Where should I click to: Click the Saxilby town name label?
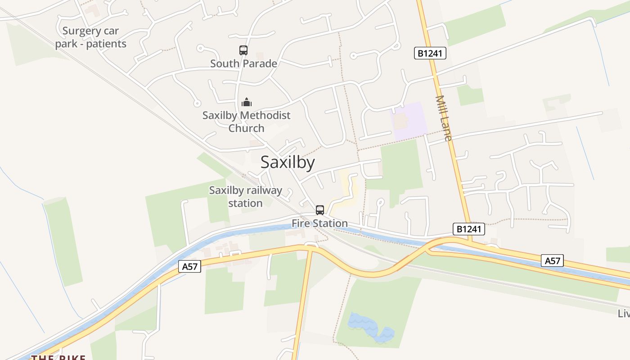(x=288, y=162)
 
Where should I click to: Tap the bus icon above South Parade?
(x=243, y=50)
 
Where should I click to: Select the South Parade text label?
(x=243, y=63)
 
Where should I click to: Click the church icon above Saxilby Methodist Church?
(x=246, y=102)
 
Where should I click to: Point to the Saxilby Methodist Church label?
(x=246, y=121)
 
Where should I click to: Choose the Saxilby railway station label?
(x=245, y=197)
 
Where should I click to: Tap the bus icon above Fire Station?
(x=320, y=210)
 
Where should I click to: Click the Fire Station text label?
(x=319, y=223)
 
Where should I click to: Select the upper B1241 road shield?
(x=430, y=54)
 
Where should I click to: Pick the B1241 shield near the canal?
(x=468, y=229)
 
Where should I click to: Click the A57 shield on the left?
(x=189, y=266)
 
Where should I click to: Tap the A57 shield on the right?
(x=552, y=261)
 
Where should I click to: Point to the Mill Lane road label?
(x=444, y=118)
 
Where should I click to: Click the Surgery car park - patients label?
(x=91, y=37)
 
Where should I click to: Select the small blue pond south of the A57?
(x=370, y=327)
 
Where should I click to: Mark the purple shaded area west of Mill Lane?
(x=409, y=121)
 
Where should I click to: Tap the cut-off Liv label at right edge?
(x=624, y=313)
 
